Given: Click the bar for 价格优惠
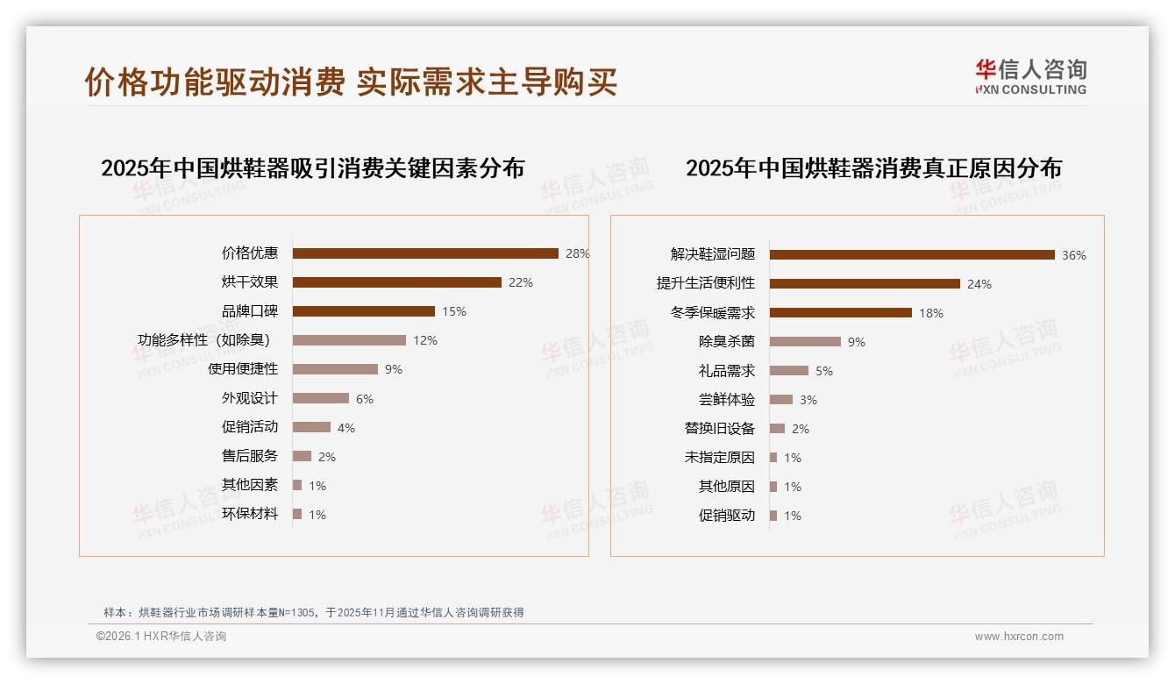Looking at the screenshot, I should pos(425,253).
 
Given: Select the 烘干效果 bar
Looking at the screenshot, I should pos(396,282).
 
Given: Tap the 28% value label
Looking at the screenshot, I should pos(577,253).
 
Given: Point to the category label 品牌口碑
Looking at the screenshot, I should pos(249,311).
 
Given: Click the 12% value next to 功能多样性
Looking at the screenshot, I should pos(425,340).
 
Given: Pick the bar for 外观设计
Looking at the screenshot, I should pos(320,398).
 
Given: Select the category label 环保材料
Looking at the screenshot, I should pos(249,514).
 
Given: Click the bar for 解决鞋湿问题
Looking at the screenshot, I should pos(912,255).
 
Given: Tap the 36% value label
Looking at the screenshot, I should pos(1073,255).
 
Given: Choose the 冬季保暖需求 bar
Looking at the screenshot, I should pos(840,313).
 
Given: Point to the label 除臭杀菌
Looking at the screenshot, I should pos(726,342).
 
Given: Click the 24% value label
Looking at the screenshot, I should pos(979,284).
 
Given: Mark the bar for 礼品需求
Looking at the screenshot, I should pos(789,371).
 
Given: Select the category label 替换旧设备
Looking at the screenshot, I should pos(719,429).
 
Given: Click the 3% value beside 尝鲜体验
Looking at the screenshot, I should pos(808,400).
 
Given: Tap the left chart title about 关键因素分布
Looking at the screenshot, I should pos(312,168).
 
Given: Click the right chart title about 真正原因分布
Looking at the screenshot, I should pos(873,168).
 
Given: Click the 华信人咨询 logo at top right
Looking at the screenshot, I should pos(1030,76).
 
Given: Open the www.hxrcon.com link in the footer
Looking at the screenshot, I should pos(1019,637).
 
